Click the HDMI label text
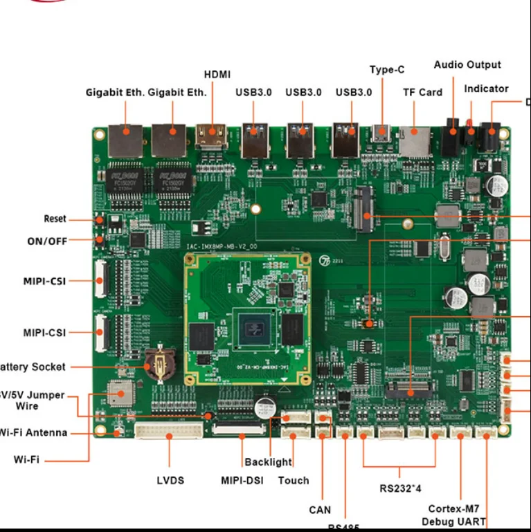(217, 74)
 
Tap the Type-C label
(387, 69)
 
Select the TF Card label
(422, 92)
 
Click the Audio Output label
(467, 65)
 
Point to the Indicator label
(486, 89)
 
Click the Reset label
(55, 219)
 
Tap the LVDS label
(170, 480)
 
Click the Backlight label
(268, 462)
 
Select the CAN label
(320, 510)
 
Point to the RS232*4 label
(400, 488)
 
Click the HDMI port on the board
(210, 137)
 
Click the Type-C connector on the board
(381, 133)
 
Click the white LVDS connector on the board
(170, 431)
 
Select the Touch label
(294, 480)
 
